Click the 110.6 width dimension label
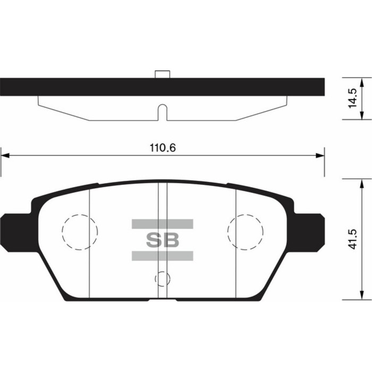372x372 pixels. pyautogui.click(x=162, y=148)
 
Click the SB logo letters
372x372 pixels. pyautogui.click(x=162, y=239)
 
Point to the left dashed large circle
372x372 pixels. pyautogui.click(x=80, y=231)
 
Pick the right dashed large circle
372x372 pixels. pyautogui.click(x=245, y=231)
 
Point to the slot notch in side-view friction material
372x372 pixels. pyautogui.click(x=162, y=113)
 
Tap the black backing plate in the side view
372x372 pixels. pyautogui.click(x=80, y=87)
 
